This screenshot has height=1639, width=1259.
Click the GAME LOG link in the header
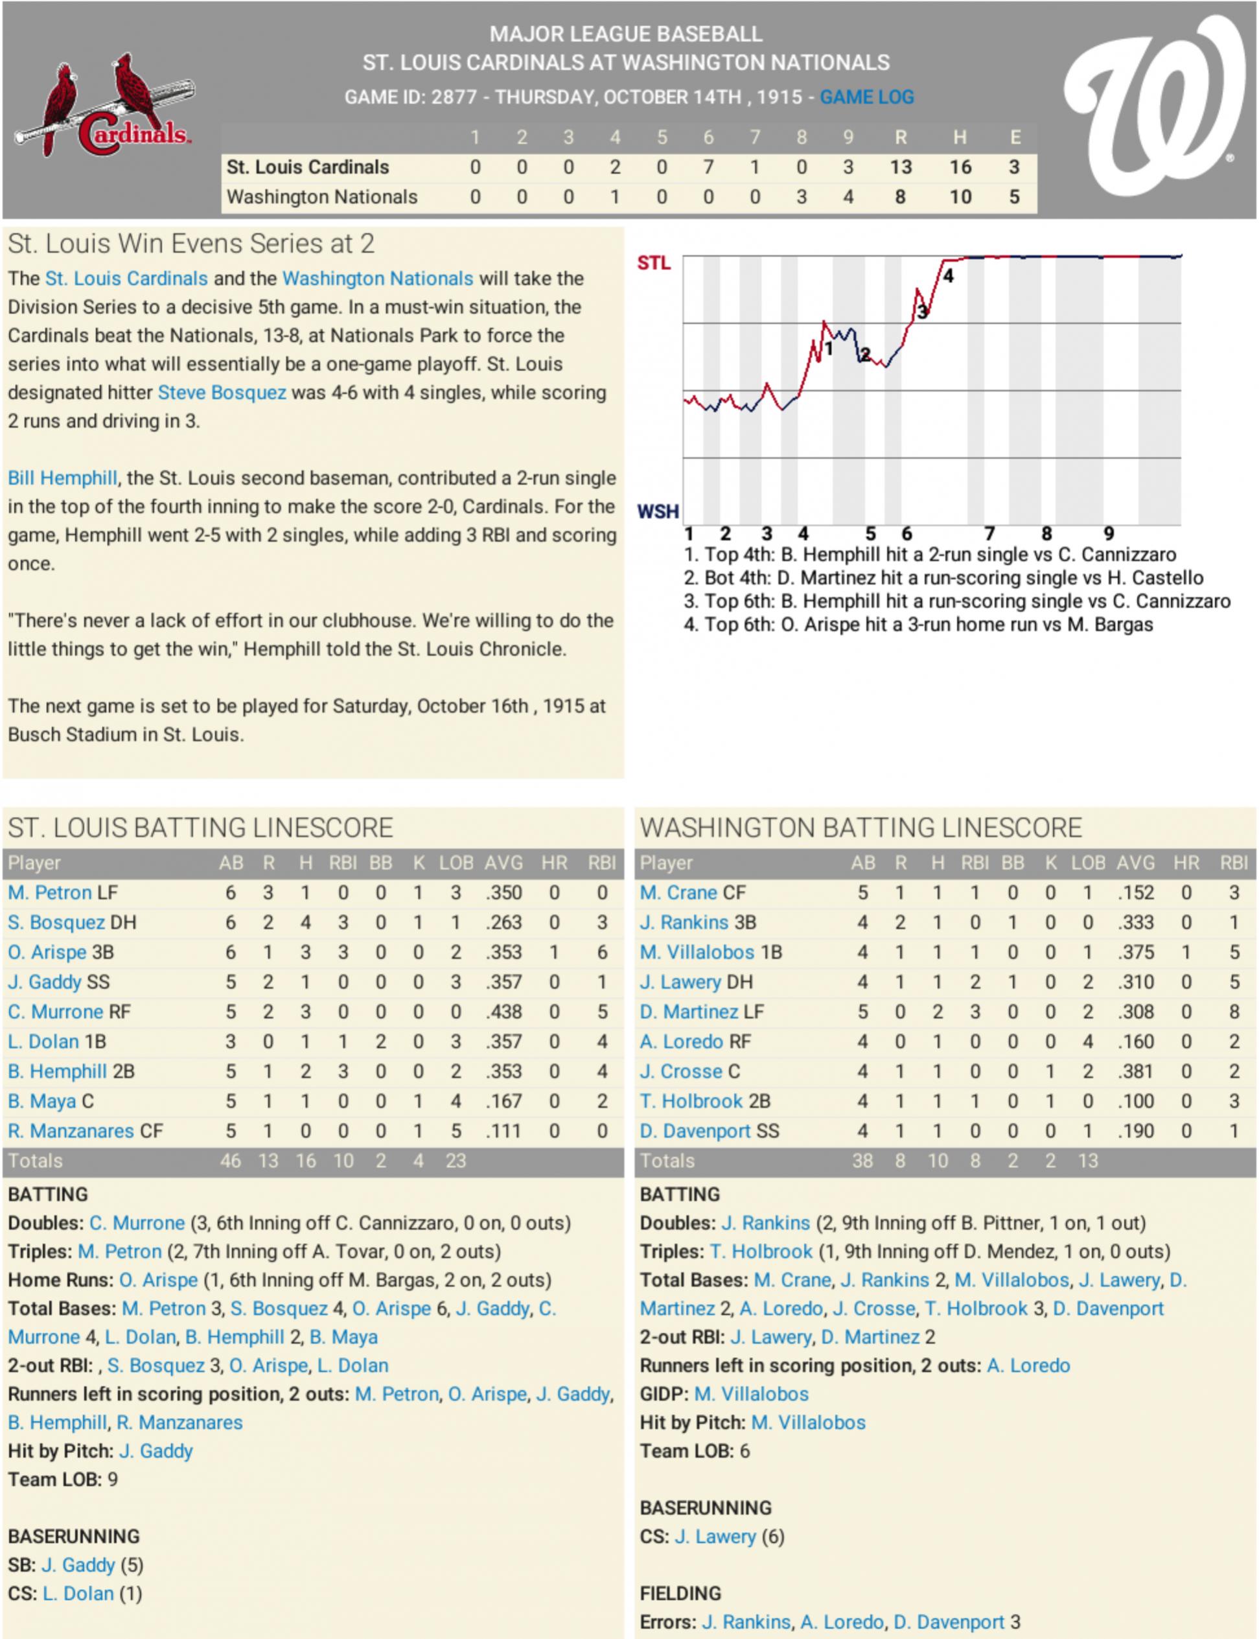pyautogui.click(x=866, y=97)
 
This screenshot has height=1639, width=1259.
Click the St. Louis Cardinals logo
pyautogui.click(x=105, y=105)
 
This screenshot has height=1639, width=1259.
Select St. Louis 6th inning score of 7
pyautogui.click(x=708, y=167)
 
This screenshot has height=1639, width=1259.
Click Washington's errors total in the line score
pyautogui.click(x=1013, y=197)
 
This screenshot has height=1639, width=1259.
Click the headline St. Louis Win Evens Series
pyautogui.click(x=191, y=244)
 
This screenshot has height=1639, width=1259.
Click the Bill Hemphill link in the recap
pyautogui.click(x=62, y=478)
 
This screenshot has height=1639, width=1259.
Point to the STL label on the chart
pyautogui.click(x=654, y=263)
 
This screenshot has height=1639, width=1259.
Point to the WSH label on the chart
pyautogui.click(x=657, y=511)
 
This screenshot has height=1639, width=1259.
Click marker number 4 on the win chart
pyautogui.click(x=948, y=277)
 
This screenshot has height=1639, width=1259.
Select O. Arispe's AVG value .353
pyautogui.click(x=503, y=952)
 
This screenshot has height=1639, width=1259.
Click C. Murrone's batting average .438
pyautogui.click(x=503, y=1012)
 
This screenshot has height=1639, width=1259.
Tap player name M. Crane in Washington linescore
pyautogui.click(x=678, y=892)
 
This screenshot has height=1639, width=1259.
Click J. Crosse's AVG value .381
pyautogui.click(x=1135, y=1072)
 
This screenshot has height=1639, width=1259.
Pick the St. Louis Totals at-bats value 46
pyautogui.click(x=230, y=1161)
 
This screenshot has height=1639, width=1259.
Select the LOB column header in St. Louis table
pyautogui.click(x=456, y=863)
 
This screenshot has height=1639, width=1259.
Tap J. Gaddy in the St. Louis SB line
pyautogui.click(x=78, y=1565)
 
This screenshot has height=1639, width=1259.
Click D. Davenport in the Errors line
pyautogui.click(x=949, y=1622)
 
